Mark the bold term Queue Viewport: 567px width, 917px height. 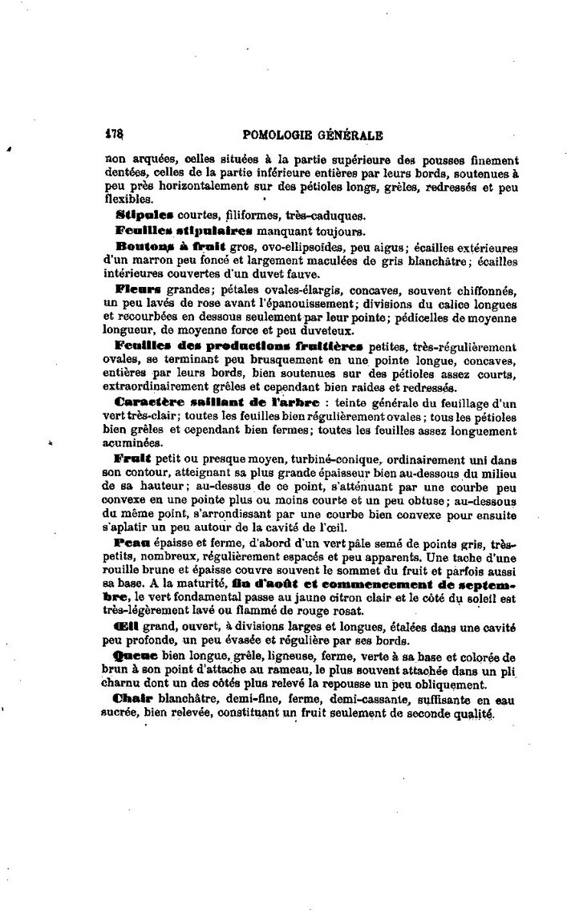(x=136, y=655)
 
